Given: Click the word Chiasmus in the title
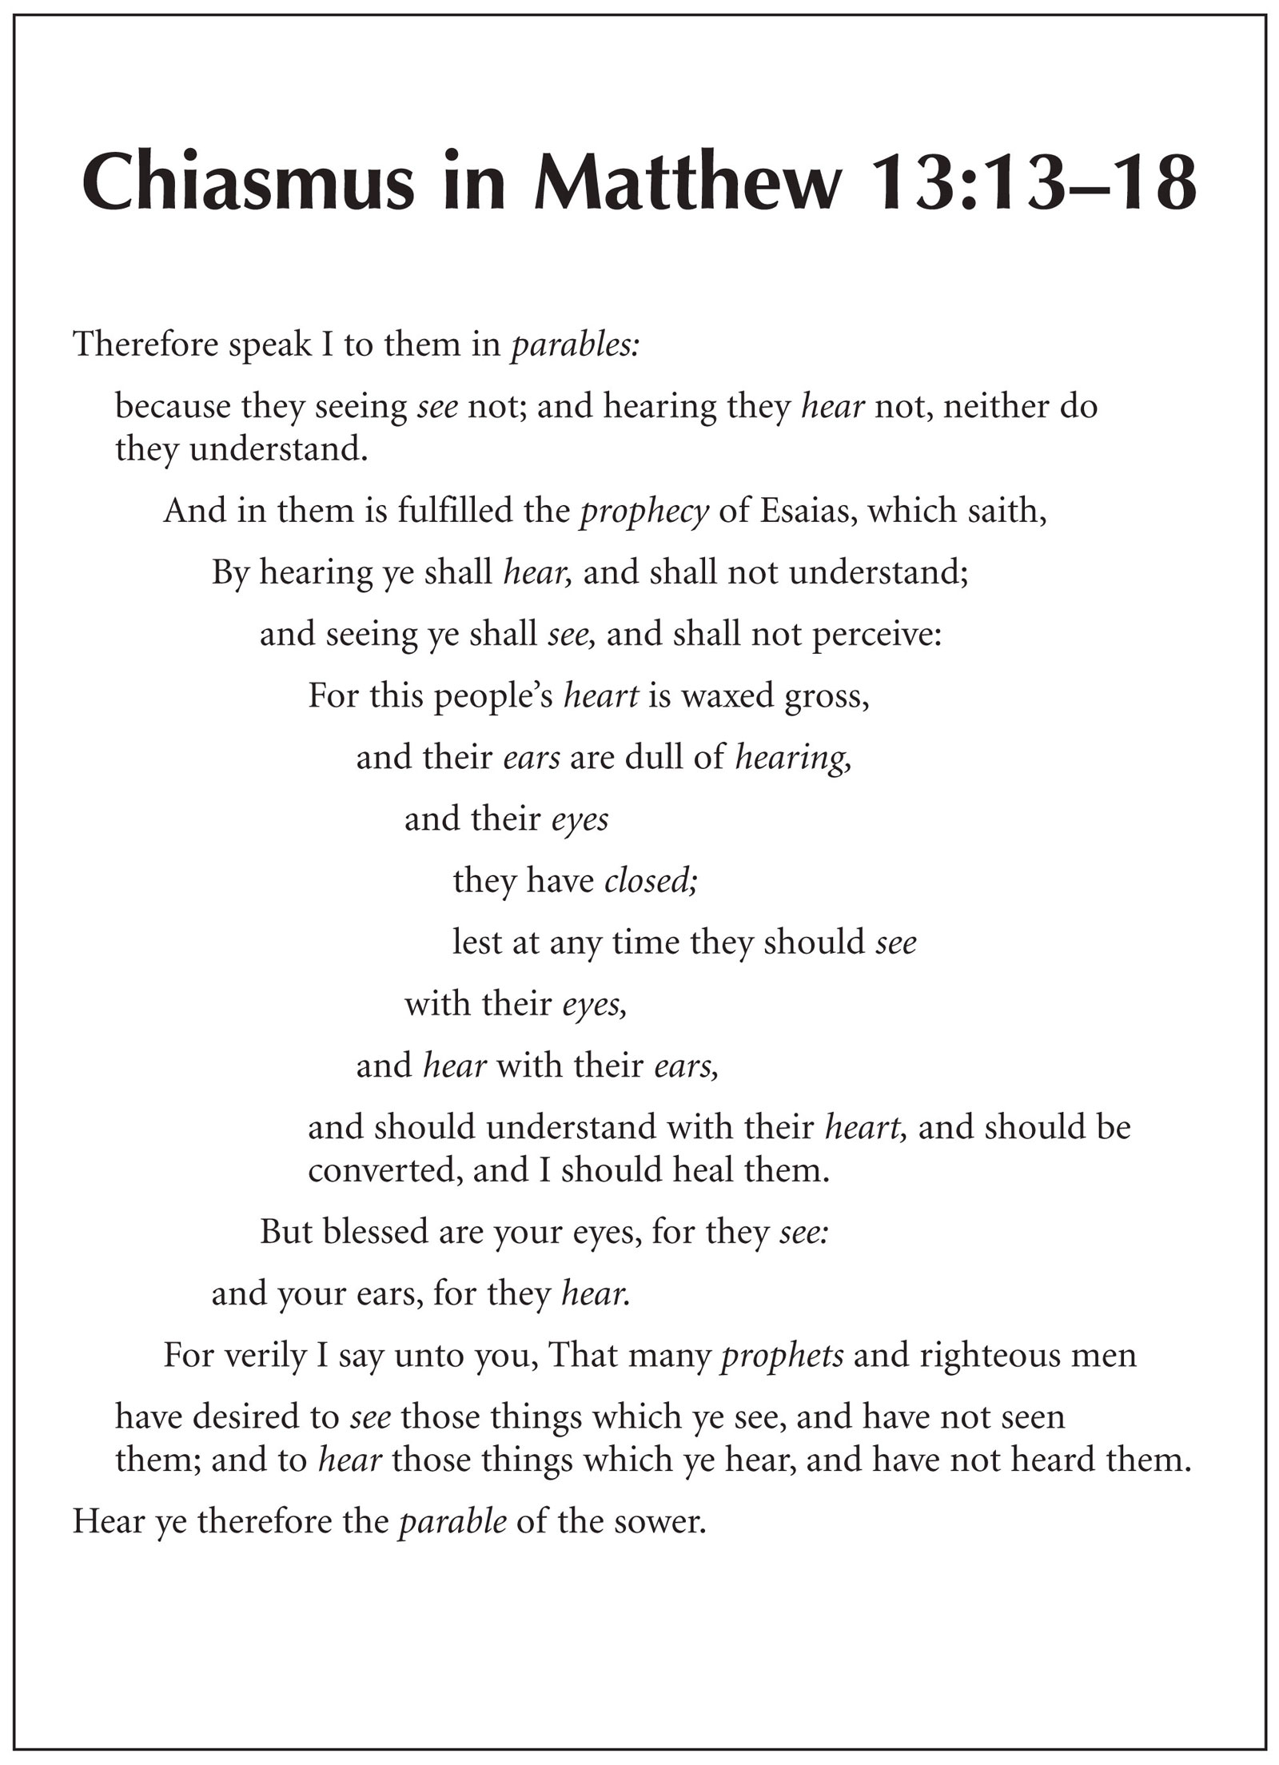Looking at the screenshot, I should pos(249,185).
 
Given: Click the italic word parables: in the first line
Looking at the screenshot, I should pos(575,345).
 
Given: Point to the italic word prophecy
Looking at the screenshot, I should pos(644,511).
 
